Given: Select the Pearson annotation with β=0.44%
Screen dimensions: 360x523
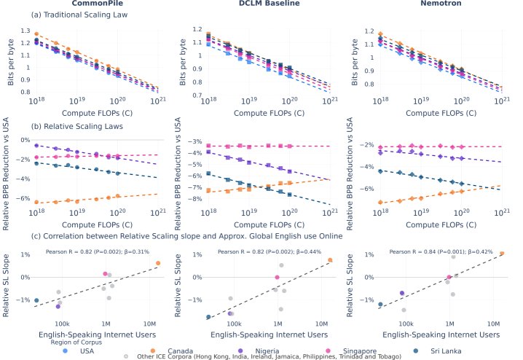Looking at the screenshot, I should tap(270, 251).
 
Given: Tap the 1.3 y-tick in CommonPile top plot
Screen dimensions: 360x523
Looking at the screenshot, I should tap(26, 31).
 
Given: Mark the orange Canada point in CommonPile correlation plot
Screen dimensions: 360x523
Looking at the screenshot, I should tap(158, 263).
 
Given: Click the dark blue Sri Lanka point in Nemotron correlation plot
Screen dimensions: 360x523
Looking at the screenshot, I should tap(380, 304).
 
